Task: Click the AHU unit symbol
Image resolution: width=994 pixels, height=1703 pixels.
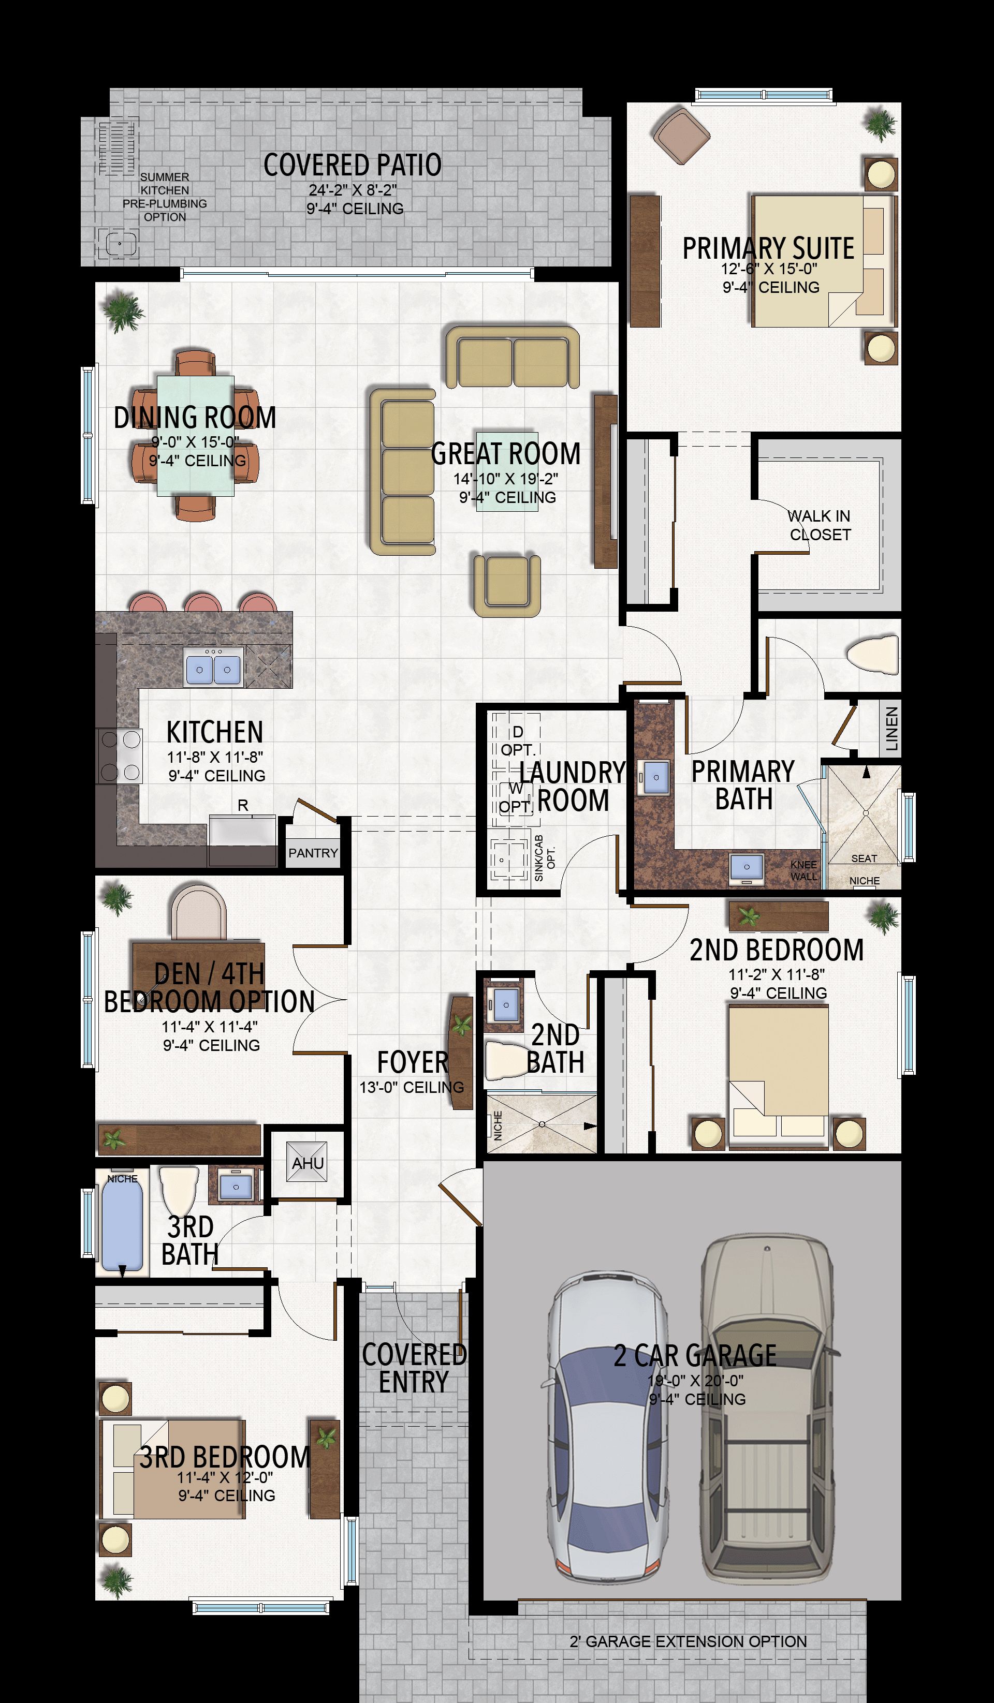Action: pos(307,1162)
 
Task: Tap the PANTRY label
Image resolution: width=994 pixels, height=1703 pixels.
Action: pos(313,853)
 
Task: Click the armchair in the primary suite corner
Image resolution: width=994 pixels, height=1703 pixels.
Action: pos(681,135)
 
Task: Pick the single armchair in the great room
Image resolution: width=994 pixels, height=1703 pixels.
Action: pos(507,585)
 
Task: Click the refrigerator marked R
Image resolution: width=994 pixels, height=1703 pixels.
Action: pos(242,831)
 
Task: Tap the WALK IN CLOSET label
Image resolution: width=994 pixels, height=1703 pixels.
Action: pos(820,525)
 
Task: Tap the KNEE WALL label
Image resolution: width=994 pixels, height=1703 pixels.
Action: pos(803,870)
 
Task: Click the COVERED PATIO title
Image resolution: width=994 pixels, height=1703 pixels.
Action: pos(352,165)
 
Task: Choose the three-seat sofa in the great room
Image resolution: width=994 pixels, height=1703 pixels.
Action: pos(402,471)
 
